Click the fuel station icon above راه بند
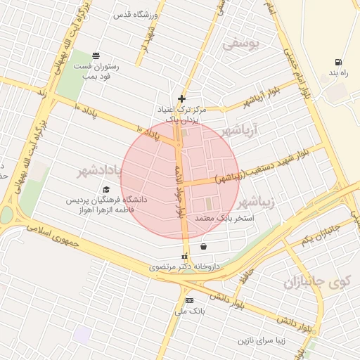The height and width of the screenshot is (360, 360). click(x=340, y=62)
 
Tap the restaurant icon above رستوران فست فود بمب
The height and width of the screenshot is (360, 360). click(x=96, y=56)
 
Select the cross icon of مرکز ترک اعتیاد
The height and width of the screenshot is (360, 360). click(x=181, y=98)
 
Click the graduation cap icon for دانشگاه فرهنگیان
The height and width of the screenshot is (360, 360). click(x=106, y=189)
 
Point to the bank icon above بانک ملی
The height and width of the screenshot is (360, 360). click(x=188, y=300)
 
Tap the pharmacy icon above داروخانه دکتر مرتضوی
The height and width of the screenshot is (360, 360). click(x=186, y=257)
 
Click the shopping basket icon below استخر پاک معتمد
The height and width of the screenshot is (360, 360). click(x=203, y=247)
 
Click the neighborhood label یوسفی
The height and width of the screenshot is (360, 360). click(x=241, y=44)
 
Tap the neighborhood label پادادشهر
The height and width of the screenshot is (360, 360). click(x=97, y=171)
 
